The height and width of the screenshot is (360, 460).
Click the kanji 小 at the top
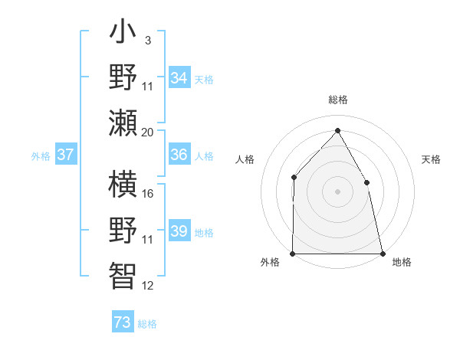(123, 34)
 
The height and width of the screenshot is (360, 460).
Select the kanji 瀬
(123, 122)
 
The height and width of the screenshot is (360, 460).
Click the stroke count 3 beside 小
(147, 40)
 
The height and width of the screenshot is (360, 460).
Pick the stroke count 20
(148, 132)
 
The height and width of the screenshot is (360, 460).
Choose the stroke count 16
(148, 193)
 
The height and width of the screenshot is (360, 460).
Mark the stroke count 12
(148, 286)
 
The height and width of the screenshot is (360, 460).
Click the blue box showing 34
(179, 78)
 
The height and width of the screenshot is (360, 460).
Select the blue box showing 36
(179, 155)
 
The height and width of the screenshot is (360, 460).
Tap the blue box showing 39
(179, 231)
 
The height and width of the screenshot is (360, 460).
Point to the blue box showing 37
(65, 155)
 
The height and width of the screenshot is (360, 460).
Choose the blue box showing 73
(123, 322)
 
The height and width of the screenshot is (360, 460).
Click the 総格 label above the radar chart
(337, 100)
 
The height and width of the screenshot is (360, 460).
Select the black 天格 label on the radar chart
(432, 159)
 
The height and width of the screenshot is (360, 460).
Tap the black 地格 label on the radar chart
(402, 263)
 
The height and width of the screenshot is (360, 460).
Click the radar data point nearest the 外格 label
(293, 253)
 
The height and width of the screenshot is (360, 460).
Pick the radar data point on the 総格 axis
(337, 131)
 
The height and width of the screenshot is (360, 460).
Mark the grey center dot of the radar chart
(337, 191)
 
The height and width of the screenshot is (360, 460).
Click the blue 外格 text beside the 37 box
(41, 156)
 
